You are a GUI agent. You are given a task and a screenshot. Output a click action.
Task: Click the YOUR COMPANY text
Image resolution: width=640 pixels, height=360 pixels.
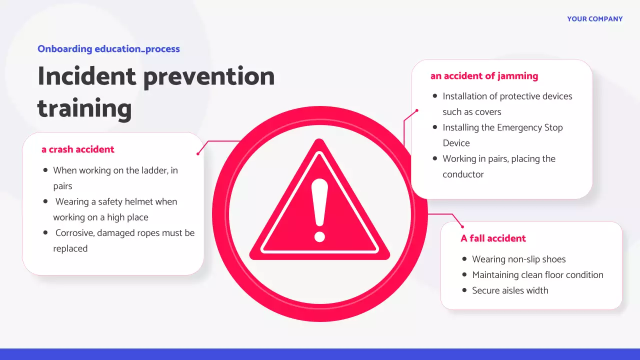(594, 19)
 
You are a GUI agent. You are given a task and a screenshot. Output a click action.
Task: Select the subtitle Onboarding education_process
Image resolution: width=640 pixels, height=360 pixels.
(108, 49)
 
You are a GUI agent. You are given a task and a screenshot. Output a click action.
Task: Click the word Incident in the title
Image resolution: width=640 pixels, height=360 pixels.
(86, 76)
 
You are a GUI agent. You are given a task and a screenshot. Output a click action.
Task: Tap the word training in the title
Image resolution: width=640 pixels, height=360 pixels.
(84, 108)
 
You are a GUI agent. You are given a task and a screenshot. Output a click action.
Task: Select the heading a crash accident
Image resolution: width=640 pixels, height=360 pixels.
(78, 149)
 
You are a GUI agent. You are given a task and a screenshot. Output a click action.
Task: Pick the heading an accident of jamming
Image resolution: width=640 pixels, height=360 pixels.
(484, 76)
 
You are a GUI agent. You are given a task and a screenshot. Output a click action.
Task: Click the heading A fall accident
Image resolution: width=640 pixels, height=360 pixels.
(493, 238)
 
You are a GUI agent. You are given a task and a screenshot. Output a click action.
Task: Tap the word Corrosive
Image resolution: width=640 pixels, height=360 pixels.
(75, 233)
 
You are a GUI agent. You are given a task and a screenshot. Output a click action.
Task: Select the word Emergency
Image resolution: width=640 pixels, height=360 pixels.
(518, 127)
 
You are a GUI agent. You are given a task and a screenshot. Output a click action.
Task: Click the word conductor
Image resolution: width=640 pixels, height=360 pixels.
(463, 174)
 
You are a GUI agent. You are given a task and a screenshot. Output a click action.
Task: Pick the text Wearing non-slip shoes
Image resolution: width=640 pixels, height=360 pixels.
(518, 259)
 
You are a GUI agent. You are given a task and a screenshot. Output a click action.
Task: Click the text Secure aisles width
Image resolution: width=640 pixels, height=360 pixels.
(510, 290)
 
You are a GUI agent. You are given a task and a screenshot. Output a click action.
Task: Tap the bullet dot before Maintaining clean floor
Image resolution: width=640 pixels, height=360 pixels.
(464, 275)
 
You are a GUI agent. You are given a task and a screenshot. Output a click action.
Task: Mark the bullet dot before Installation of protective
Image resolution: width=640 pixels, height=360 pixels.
(435, 96)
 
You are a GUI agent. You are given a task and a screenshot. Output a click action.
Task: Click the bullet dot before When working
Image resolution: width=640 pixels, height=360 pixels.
(45, 170)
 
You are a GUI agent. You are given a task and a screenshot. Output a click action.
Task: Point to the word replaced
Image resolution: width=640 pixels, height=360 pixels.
(70, 248)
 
